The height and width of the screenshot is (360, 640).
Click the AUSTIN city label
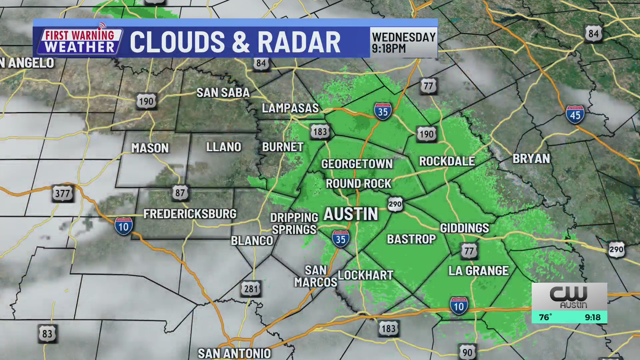pyautogui.click(x=351, y=214)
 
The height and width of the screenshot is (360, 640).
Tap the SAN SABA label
pyautogui.click(x=223, y=93)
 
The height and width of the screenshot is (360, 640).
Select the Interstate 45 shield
pyautogui.click(x=575, y=115)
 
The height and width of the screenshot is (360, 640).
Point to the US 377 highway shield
pyautogui.click(x=62, y=193)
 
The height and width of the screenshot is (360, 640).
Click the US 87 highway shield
pyautogui.click(x=180, y=193)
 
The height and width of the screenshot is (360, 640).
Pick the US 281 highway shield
pyautogui.click(x=251, y=289)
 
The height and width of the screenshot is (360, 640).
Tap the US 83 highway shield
pyautogui.click(x=47, y=334)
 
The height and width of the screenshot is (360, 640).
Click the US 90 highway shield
pyautogui.click(x=467, y=352)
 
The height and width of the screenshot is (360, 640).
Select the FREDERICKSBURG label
pyautogui.click(x=190, y=214)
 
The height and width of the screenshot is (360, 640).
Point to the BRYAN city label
pyautogui.click(x=531, y=159)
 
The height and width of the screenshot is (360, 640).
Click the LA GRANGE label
pyautogui.click(x=478, y=271)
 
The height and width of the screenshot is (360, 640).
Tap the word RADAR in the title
pyautogui.click(x=299, y=42)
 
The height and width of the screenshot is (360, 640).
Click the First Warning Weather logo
pyautogui.click(x=80, y=41)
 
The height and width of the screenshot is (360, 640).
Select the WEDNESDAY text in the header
pyautogui.click(x=404, y=37)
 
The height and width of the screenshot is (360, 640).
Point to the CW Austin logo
pyautogui.click(x=569, y=297)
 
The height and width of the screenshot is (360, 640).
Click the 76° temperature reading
pyautogui.click(x=545, y=317)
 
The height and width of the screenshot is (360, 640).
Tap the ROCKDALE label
pyautogui.click(x=447, y=161)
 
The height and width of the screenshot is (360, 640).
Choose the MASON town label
pyautogui.click(x=150, y=148)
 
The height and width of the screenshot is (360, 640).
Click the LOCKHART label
pyautogui.click(x=366, y=275)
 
